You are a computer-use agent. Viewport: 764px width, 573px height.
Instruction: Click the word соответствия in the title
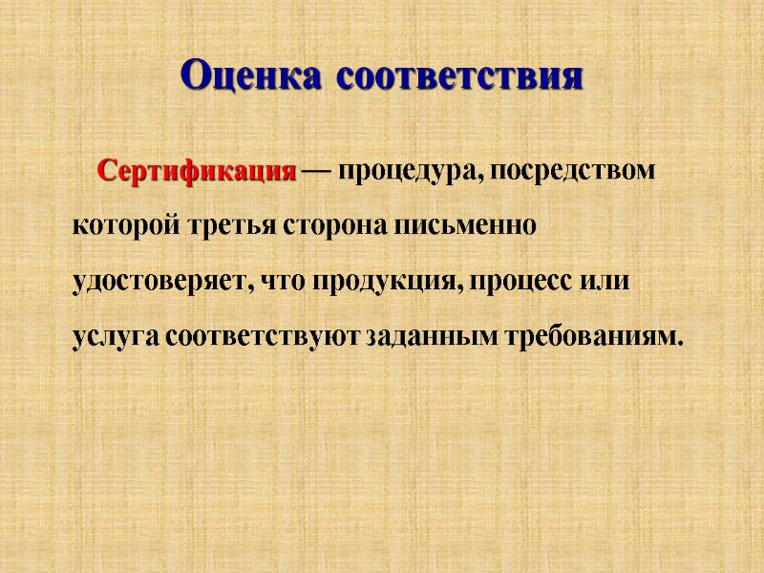pyautogui.click(x=460, y=75)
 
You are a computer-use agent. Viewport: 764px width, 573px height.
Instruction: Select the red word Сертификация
pyautogui.click(x=198, y=173)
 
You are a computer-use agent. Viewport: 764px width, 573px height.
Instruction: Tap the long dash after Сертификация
pyautogui.click(x=317, y=174)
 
